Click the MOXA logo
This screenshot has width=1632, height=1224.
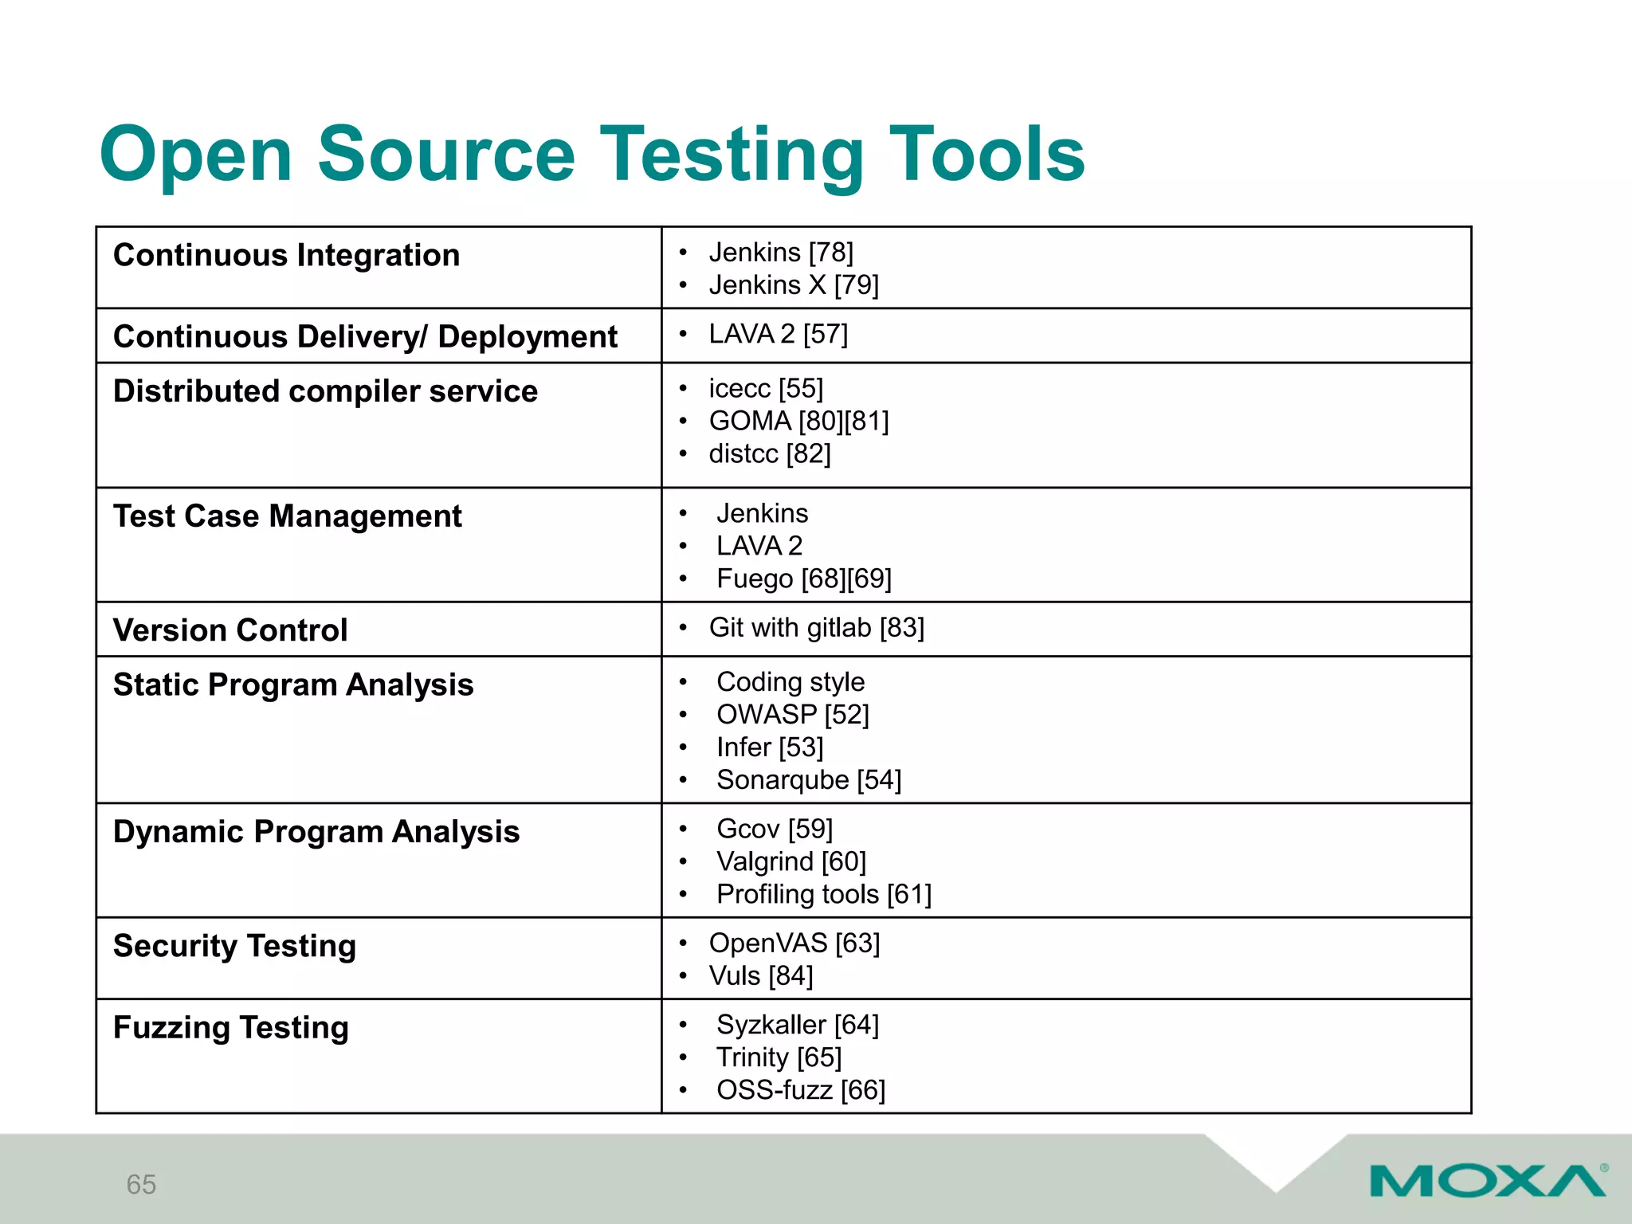click(x=1487, y=1181)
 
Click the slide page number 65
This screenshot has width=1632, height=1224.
click(x=141, y=1184)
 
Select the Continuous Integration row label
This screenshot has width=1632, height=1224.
click(x=286, y=256)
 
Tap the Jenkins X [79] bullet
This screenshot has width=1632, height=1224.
click(x=793, y=285)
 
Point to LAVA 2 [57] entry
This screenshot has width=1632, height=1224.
click(x=778, y=334)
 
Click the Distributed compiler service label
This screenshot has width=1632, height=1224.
click(x=325, y=391)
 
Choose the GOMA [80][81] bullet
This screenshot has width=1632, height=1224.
click(x=798, y=421)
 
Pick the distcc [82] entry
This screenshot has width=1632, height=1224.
click(x=769, y=453)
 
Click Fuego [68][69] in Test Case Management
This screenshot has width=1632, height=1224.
click(x=803, y=579)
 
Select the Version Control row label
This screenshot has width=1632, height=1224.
click(x=230, y=630)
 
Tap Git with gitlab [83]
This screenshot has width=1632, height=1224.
click(x=816, y=628)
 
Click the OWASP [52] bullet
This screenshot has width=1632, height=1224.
click(x=792, y=715)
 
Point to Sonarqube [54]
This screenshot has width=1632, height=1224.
click(x=808, y=780)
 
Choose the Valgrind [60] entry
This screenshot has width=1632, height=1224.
click(x=790, y=861)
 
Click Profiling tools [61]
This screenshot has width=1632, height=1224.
click(x=823, y=894)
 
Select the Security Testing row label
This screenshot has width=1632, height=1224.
click(x=234, y=946)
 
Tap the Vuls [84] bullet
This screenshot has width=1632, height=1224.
click(x=760, y=976)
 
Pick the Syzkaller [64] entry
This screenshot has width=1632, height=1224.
click(x=797, y=1025)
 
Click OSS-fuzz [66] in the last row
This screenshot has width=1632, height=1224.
click(x=800, y=1090)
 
